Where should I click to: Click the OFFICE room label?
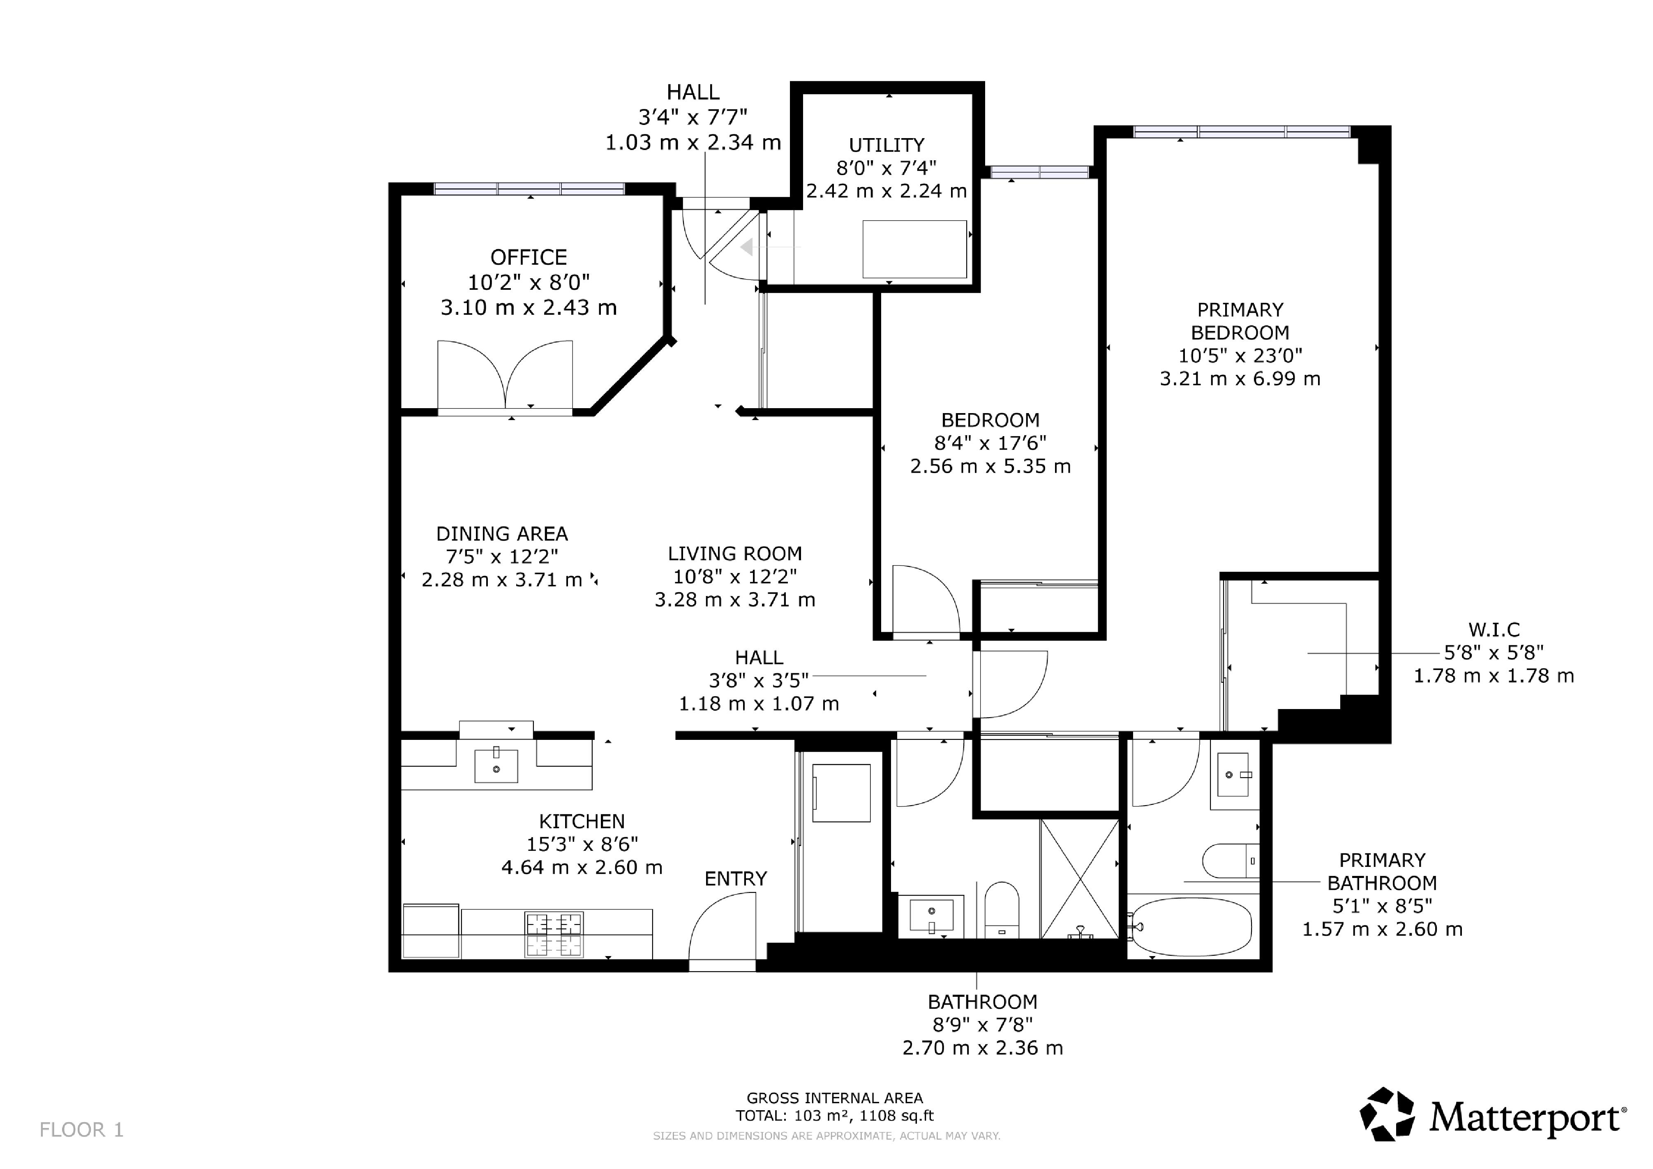pos(529,257)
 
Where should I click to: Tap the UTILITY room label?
pos(886,145)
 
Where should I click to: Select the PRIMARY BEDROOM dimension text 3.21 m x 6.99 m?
pos(1240,379)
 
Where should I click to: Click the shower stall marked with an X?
pos(1079,879)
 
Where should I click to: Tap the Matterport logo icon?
pos(1387,1114)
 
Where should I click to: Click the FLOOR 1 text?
pos(81,1130)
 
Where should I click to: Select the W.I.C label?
pos(1494,630)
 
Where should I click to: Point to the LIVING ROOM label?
pos(734,554)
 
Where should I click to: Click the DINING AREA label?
pos(502,534)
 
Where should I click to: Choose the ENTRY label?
pos(735,879)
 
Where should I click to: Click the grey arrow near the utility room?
pos(747,247)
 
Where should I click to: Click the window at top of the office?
pos(529,189)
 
